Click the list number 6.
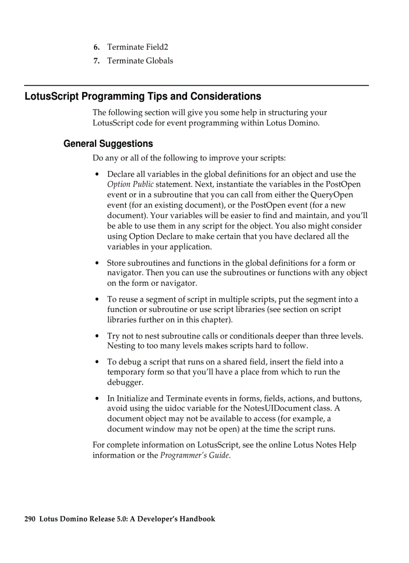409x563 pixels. click(96, 48)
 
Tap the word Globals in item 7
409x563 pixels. click(159, 61)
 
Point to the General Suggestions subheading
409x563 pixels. click(108, 144)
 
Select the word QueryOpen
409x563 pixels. click(332, 195)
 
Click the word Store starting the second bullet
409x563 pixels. click(116, 263)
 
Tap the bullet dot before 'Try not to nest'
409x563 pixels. click(97, 336)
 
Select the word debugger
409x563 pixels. click(125, 383)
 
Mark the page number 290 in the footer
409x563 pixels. click(30, 519)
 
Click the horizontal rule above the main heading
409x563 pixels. click(196, 86)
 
